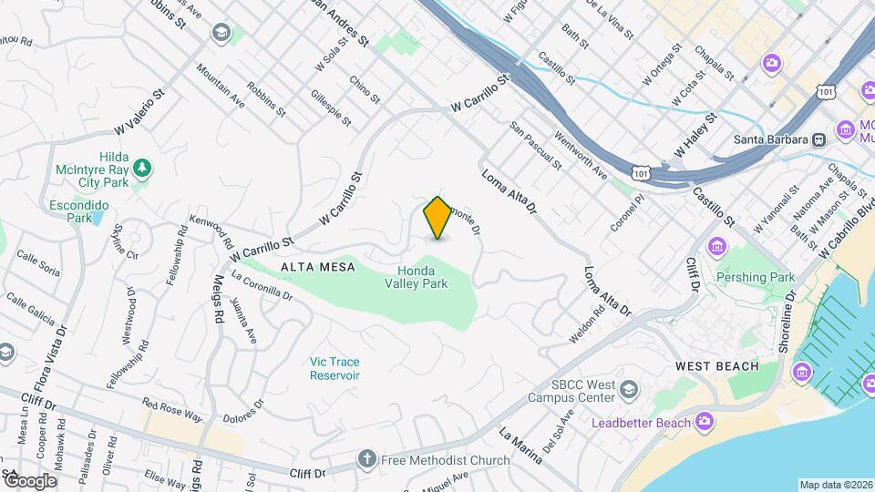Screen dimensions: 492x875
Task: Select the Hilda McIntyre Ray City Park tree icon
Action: coord(141,168)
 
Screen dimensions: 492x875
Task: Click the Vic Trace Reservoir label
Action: coord(335,368)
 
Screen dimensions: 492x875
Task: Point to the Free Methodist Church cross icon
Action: coord(366,458)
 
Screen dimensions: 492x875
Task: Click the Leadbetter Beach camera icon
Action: coord(704,421)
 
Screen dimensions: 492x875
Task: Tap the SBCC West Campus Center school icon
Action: coord(627,391)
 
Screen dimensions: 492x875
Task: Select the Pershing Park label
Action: coord(763,277)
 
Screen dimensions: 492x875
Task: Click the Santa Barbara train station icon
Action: coord(819,139)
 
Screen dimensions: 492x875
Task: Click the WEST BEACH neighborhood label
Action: coord(716,366)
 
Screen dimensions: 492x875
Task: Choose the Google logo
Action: coord(30,480)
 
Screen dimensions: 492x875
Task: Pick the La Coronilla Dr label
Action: coord(262,284)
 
